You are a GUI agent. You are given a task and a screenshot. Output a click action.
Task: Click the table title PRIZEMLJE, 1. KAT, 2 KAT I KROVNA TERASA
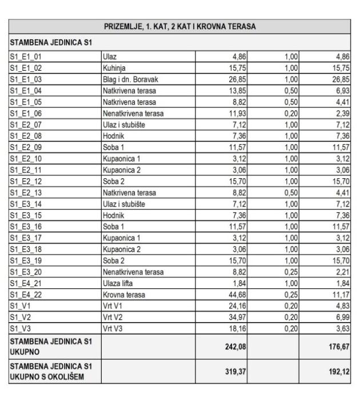180,27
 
